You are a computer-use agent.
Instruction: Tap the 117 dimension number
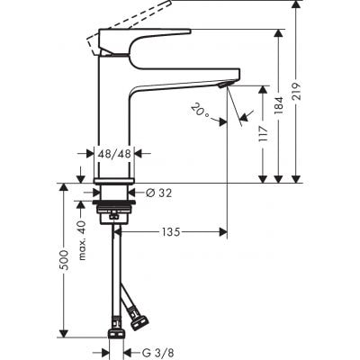(265, 134)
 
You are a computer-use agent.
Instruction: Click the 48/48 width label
(114, 154)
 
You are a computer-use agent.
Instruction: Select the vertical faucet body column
(114, 117)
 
